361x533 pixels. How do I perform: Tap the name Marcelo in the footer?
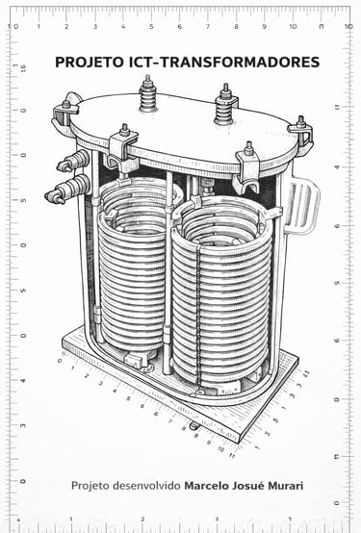point(207,486)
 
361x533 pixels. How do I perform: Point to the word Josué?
point(248,486)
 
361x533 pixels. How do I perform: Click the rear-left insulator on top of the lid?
point(147,94)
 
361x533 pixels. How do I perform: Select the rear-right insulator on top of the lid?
point(225,104)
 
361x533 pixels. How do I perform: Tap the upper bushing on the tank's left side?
point(74,161)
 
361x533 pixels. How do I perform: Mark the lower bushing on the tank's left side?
point(68,190)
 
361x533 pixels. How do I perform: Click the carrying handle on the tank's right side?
point(301,207)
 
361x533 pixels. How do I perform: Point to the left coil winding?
point(134,266)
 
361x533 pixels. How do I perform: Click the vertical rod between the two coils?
point(168,272)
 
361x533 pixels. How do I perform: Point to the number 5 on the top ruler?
point(151,27)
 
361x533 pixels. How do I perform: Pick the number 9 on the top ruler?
point(264,27)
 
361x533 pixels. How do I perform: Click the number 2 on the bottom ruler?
point(142,520)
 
